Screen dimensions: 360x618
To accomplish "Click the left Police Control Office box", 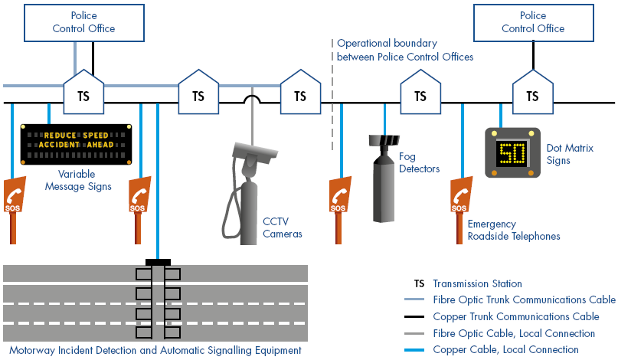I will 83,22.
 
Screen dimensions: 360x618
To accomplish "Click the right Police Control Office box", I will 533,22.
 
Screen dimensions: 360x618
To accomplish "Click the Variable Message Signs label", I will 78,181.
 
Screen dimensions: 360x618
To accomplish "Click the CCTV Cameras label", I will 283,227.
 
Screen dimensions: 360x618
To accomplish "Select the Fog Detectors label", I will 420,162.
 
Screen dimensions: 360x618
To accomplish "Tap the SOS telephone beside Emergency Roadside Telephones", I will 459,197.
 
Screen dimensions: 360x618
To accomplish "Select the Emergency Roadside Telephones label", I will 513,230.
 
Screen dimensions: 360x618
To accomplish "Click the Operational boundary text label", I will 405,50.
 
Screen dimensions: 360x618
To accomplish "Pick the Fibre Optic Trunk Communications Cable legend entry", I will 524,299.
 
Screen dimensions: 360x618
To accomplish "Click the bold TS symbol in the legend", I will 419,283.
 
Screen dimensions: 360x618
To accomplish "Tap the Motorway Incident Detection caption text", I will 153,350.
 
